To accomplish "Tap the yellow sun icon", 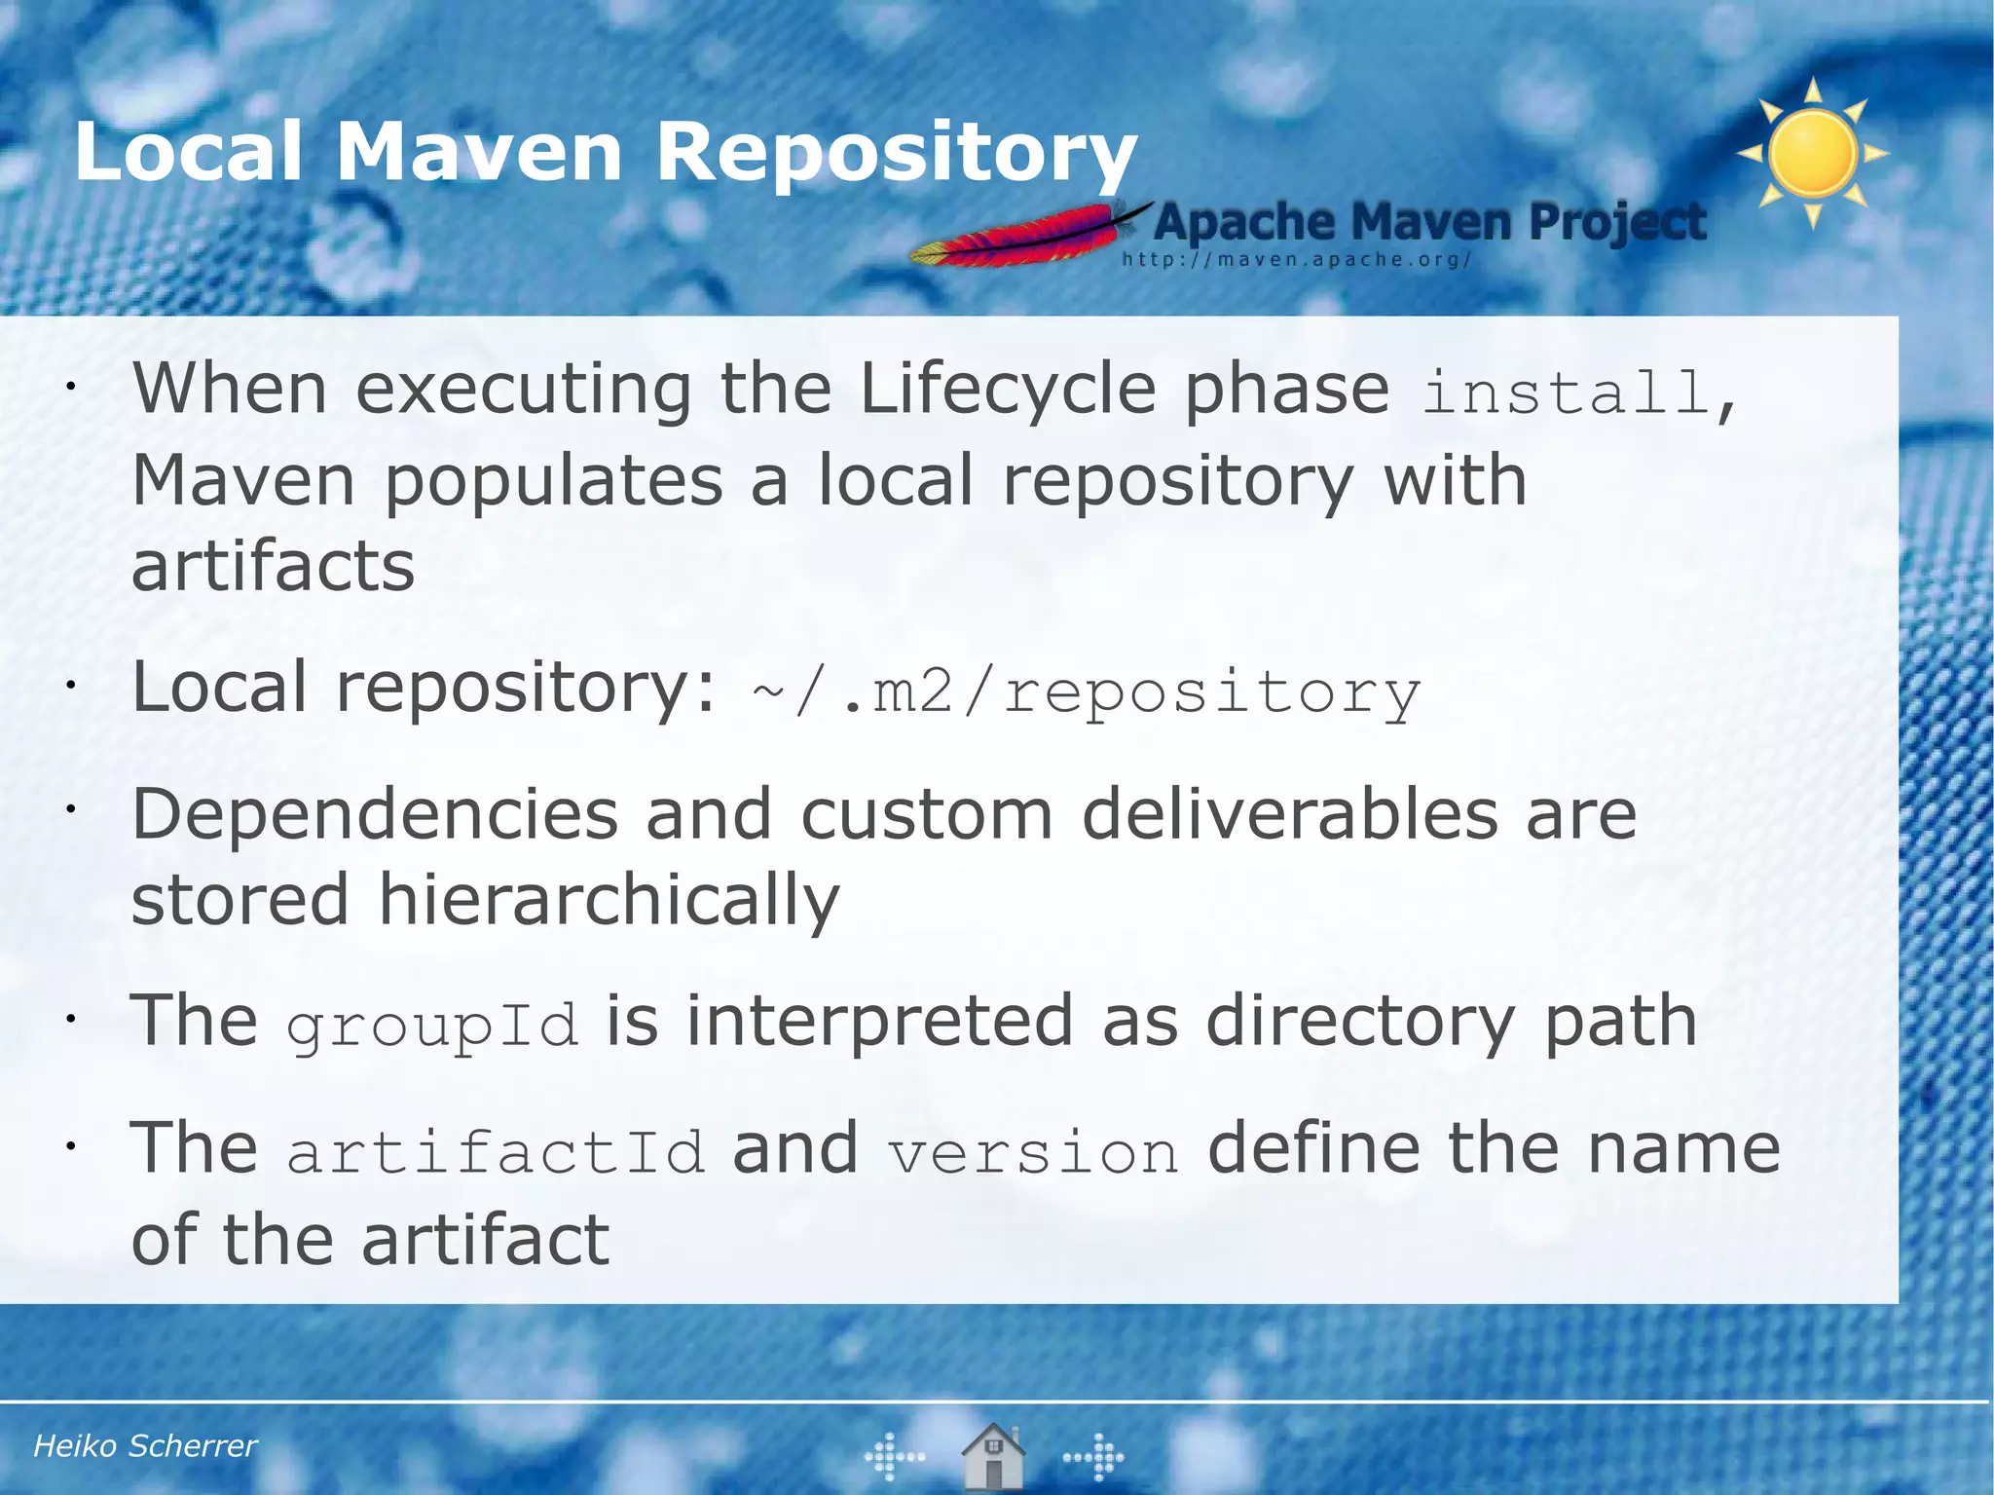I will click(x=1813, y=154).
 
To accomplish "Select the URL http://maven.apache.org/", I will click(x=1296, y=260).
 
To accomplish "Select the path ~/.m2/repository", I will click(x=1086, y=692).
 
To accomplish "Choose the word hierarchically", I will click(x=608, y=900).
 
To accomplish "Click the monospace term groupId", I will click(x=432, y=1025).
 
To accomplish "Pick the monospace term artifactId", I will click(x=496, y=1151).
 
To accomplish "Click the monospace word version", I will click(x=1033, y=1152).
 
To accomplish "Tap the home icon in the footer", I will click(x=993, y=1455).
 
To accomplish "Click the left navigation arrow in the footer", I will click(x=894, y=1457).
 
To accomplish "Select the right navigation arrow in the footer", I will click(x=1094, y=1457).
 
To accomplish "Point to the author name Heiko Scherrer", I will click(x=145, y=1445).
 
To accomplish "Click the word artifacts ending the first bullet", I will click(x=274, y=567).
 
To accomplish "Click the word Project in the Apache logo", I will click(x=1617, y=222).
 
